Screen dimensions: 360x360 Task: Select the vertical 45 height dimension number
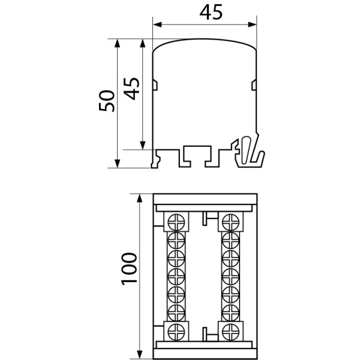click(133, 88)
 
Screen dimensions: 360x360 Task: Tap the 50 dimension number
click(106, 101)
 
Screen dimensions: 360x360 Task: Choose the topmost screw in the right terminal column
click(229, 221)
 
